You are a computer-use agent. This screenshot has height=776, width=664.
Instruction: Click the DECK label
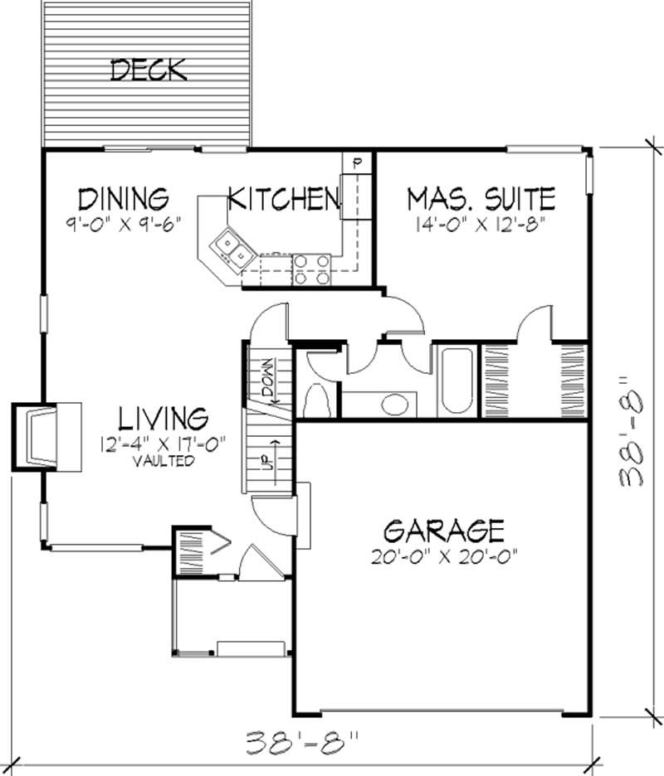point(149,70)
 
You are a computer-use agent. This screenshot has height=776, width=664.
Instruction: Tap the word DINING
point(124,199)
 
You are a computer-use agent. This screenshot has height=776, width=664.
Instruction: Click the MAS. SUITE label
point(481,199)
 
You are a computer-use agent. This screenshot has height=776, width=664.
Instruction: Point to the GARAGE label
point(444,529)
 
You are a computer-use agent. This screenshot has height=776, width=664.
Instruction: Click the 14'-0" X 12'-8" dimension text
point(481,223)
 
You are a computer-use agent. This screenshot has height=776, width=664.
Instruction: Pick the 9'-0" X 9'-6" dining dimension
point(124,222)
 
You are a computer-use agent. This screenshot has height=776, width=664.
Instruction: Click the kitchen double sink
point(231,249)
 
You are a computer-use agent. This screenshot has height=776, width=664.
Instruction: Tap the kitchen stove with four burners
point(311,269)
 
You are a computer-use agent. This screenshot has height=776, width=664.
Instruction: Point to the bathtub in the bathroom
point(454,381)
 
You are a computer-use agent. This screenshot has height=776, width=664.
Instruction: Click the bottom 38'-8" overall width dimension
point(303,739)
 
